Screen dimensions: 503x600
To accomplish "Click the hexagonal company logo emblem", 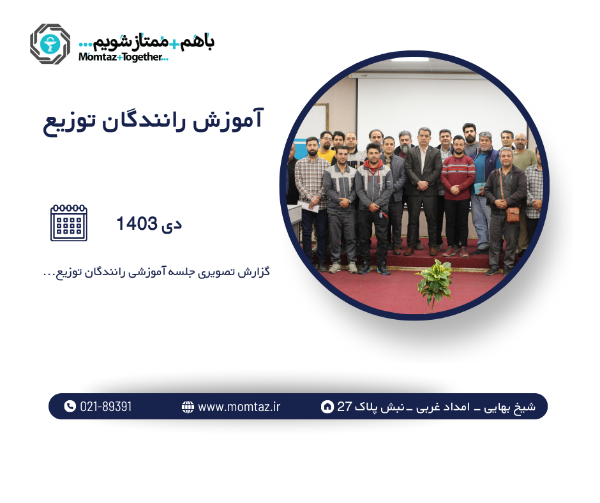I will click(50, 44).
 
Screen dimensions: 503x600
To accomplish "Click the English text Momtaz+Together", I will click(123, 57).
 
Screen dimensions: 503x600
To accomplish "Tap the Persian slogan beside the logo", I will click(146, 41).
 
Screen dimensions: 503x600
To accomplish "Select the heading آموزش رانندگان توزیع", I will click(153, 121).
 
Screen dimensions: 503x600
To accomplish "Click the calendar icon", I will click(69, 223).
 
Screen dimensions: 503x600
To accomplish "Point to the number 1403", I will click(137, 224).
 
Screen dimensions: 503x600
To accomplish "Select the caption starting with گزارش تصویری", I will click(156, 272).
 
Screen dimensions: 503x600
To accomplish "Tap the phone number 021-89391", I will click(106, 407).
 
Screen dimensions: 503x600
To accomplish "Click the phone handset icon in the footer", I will click(70, 406).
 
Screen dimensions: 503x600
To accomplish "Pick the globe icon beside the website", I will click(188, 407).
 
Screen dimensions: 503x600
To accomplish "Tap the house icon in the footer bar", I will click(327, 407).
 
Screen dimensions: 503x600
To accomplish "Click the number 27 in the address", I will click(345, 407).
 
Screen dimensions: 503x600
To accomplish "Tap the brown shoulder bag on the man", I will click(513, 214).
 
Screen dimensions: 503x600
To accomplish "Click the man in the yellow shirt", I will click(326, 151).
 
